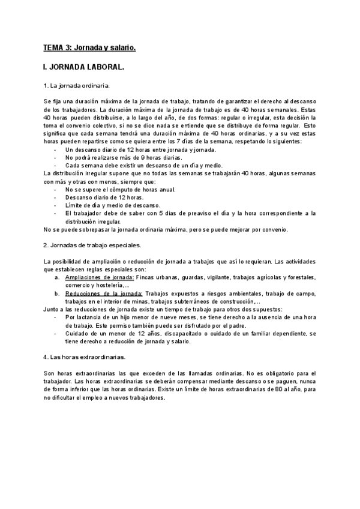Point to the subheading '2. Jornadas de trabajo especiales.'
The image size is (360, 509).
point(93,245)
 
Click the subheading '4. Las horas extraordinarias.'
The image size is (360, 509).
point(85,357)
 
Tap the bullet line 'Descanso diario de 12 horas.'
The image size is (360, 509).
point(104,197)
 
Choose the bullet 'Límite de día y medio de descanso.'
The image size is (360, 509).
point(113,205)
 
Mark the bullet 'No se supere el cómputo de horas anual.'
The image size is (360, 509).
point(121,190)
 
